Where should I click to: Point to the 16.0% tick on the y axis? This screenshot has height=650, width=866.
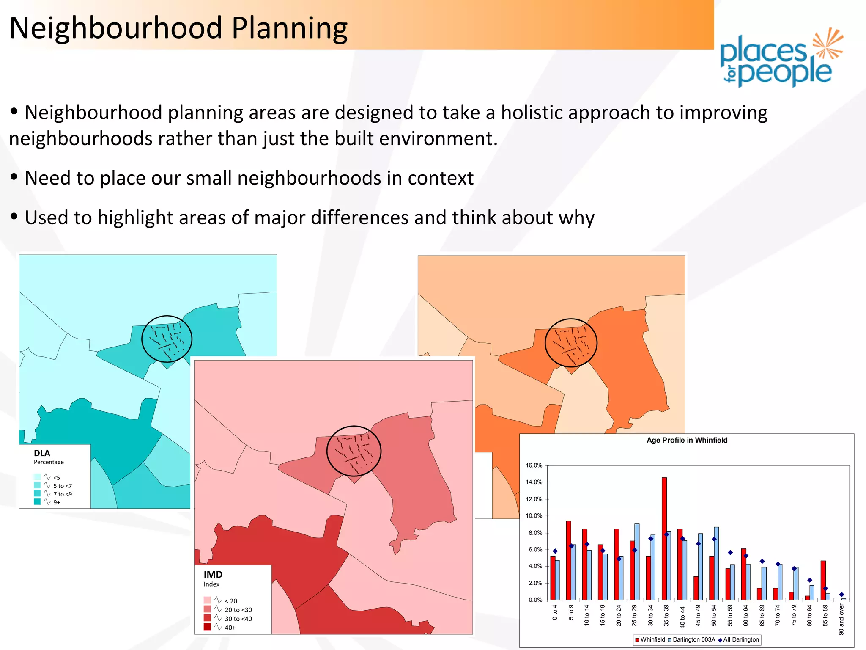[534, 465]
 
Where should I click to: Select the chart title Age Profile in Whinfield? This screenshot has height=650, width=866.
[687, 440]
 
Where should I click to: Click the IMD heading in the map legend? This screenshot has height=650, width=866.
[213, 574]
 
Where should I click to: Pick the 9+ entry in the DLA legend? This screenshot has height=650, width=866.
[56, 502]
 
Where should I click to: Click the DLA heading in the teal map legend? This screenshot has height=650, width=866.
[42, 453]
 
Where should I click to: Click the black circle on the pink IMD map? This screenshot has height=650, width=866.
[354, 451]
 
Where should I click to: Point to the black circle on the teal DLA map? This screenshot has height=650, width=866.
[167, 339]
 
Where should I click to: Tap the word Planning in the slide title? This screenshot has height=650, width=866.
[290, 28]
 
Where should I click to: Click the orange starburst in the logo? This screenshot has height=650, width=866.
[828, 43]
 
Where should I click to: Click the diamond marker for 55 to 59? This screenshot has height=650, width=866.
[730, 552]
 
